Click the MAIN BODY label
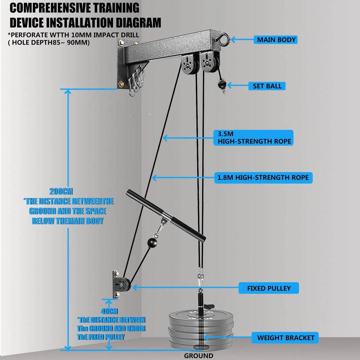point(276,40)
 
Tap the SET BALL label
point(267,86)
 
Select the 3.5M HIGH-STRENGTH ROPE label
point(254,138)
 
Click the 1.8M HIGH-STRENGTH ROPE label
point(263,178)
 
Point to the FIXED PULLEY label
point(269,288)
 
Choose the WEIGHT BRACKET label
point(285,338)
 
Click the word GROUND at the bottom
point(198,356)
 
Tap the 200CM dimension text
point(61,191)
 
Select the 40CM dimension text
point(109,311)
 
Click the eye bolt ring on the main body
point(225,39)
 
